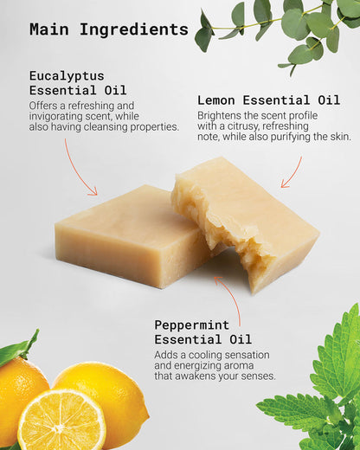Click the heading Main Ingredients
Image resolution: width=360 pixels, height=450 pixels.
(109, 29)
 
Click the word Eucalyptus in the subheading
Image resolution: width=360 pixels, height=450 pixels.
(67, 77)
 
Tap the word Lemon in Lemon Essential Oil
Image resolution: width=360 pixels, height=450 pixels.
(216, 100)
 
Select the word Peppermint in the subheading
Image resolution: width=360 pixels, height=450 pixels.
(192, 325)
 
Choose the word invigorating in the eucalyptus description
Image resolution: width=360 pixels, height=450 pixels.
(55, 117)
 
